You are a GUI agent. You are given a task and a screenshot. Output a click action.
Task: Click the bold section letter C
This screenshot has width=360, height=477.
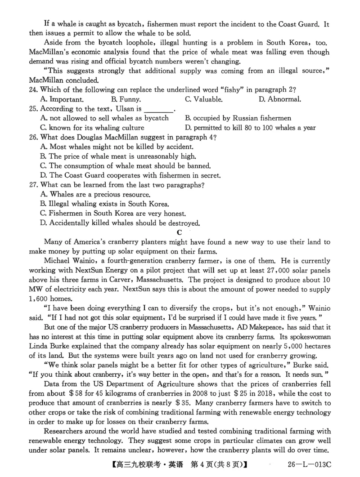pyautogui.click(x=180, y=232)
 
